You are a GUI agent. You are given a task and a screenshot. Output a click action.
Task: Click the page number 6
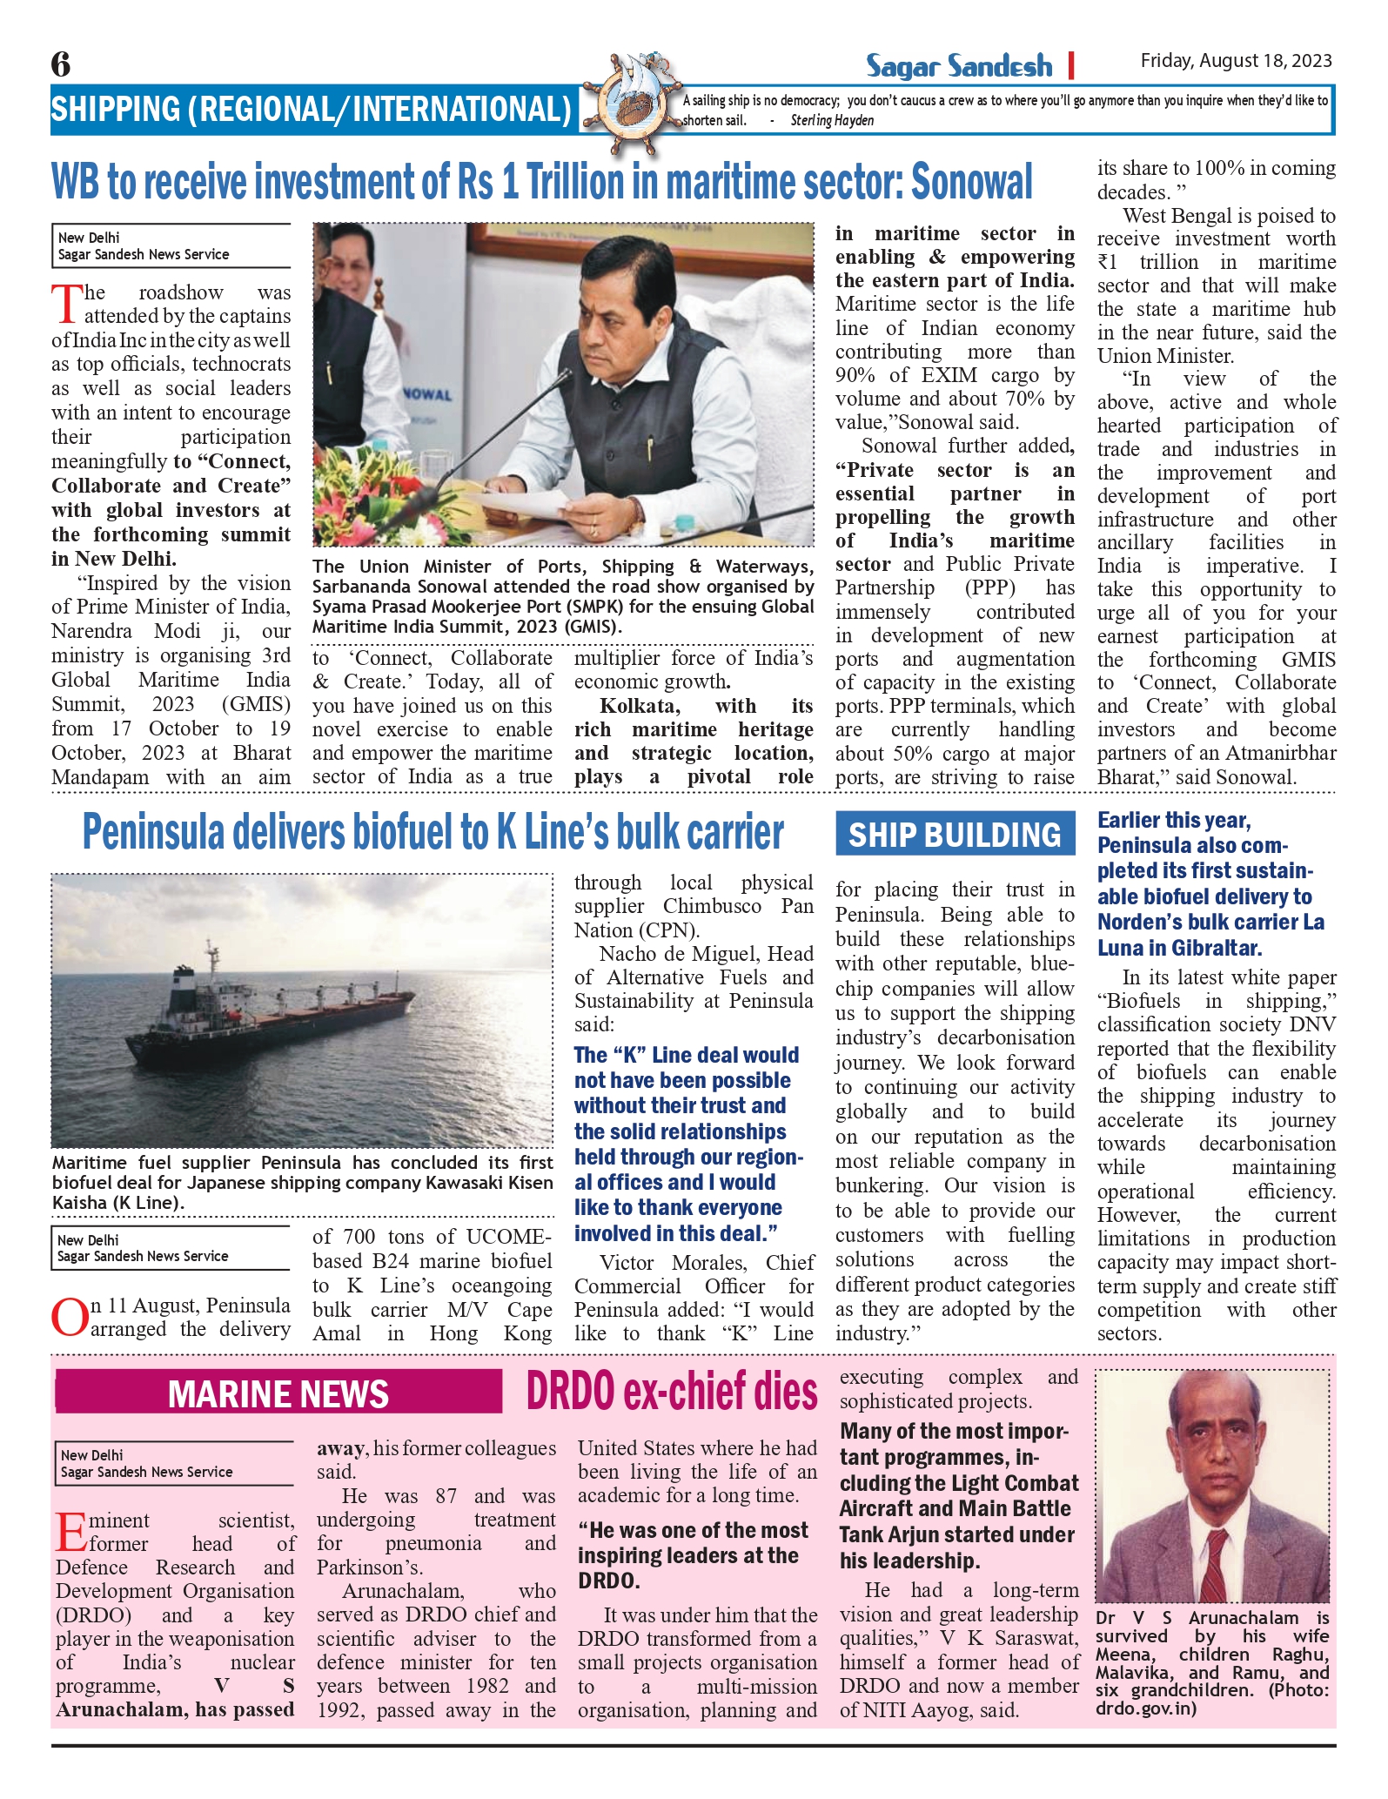61,64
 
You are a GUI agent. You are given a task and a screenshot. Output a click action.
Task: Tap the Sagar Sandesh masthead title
958,66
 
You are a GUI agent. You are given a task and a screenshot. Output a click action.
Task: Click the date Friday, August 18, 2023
1236,60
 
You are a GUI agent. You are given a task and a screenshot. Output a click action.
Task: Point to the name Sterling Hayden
832,121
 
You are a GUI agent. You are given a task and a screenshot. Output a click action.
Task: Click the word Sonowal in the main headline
971,183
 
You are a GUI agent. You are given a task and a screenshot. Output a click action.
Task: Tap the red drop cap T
66,304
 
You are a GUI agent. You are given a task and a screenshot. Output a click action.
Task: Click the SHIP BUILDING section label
955,835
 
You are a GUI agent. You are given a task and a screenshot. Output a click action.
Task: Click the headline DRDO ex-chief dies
672,1392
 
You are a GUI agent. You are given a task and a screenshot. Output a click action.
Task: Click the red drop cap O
70,1317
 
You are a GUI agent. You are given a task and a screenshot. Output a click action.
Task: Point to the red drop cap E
71,1532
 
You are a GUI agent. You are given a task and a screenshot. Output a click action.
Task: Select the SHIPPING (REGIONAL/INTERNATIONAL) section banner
312,110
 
